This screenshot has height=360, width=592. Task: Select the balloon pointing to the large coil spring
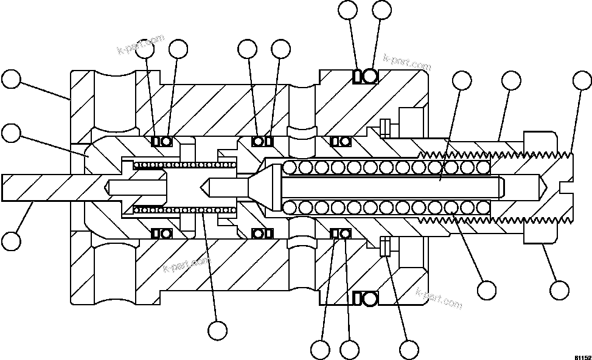487,288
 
